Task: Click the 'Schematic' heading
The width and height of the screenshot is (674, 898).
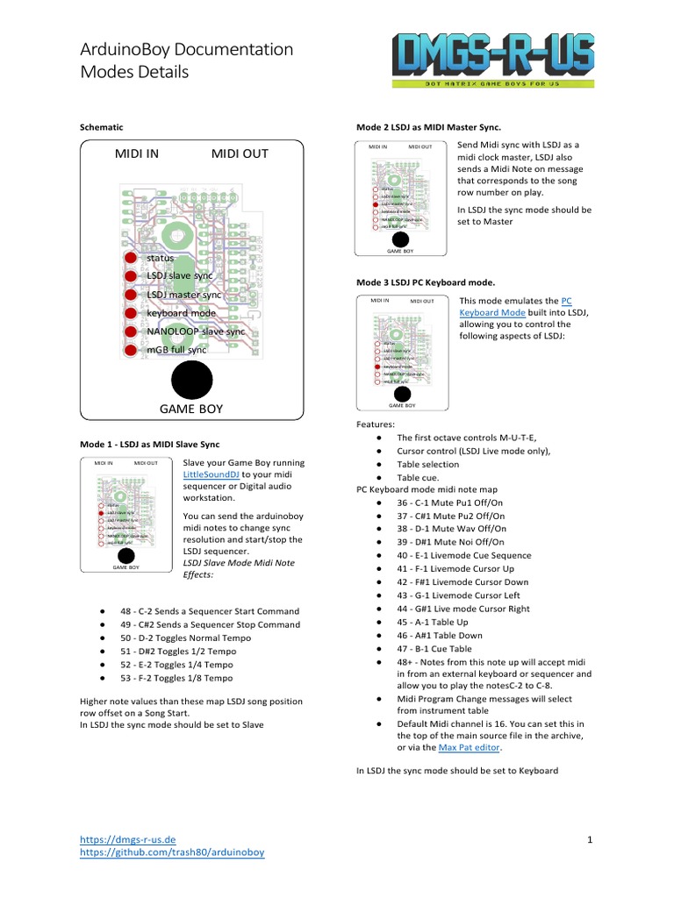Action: click(x=101, y=127)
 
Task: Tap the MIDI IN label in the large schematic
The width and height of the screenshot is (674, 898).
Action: click(x=137, y=154)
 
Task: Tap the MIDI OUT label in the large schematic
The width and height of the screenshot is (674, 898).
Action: click(x=240, y=154)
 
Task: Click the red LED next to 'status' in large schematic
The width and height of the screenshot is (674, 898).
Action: click(x=130, y=259)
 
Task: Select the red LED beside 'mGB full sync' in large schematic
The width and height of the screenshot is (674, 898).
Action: click(x=130, y=350)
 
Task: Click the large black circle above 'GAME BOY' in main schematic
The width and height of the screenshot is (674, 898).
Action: click(x=191, y=379)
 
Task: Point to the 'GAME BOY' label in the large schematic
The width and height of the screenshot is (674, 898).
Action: click(x=190, y=409)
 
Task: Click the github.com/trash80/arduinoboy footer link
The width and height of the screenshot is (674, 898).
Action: click(x=172, y=852)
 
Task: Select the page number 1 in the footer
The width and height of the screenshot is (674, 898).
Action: click(x=590, y=841)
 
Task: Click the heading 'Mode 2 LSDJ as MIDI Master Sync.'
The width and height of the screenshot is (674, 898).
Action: click(x=427, y=127)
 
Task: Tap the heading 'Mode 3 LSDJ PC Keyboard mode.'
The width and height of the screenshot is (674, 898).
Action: click(x=425, y=283)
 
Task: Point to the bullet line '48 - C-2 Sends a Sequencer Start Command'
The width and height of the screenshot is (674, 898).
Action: click(x=210, y=611)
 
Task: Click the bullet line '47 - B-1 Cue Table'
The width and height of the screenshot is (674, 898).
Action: click(x=434, y=648)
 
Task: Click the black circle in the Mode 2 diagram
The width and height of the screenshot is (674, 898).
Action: click(x=400, y=239)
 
